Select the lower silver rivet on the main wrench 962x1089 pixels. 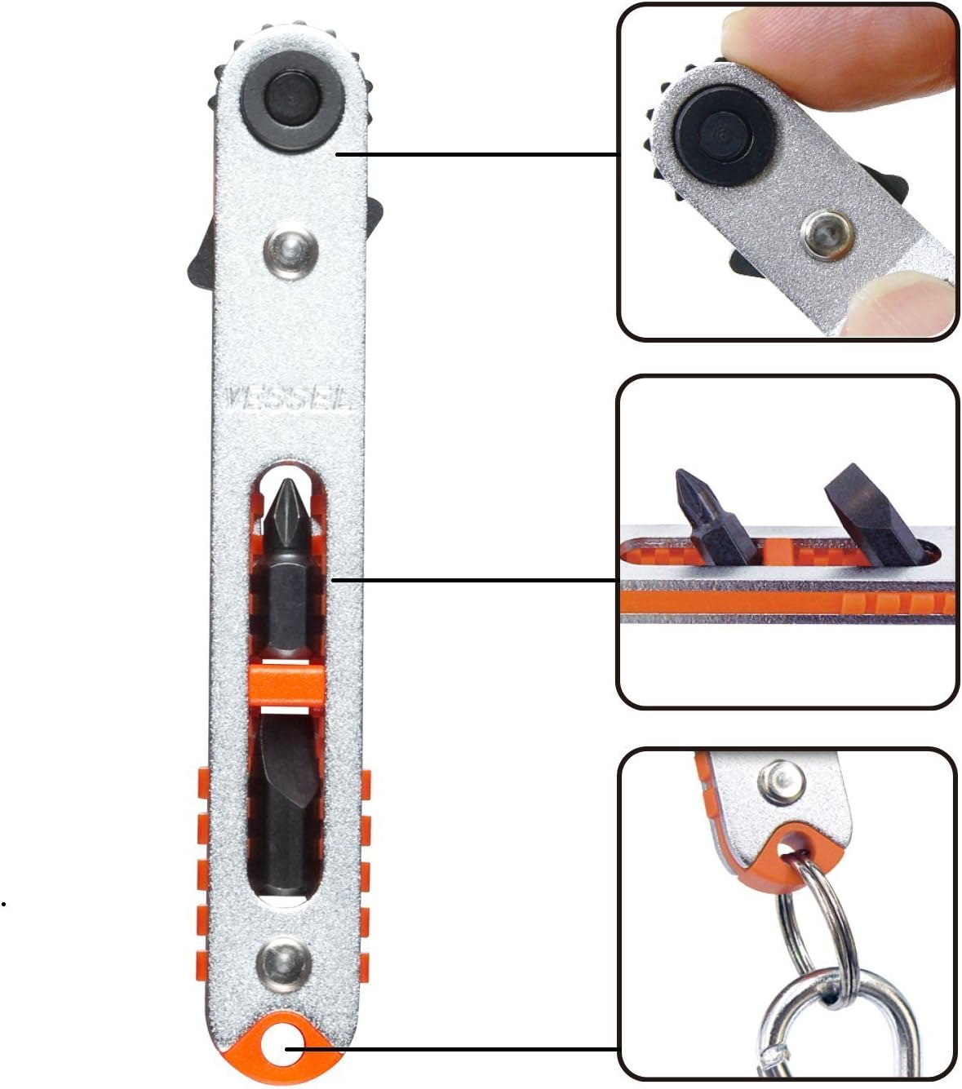285,960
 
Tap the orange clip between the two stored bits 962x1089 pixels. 286,684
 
